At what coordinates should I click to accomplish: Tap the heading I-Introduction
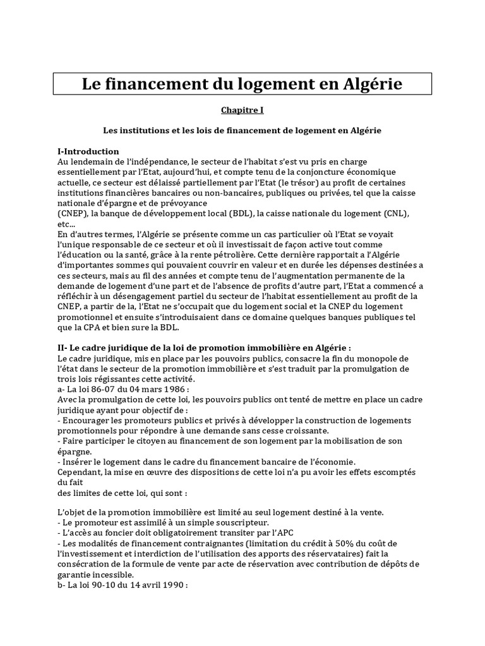(x=88, y=151)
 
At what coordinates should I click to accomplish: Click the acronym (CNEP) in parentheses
(x=72, y=213)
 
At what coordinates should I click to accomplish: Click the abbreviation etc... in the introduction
(x=66, y=223)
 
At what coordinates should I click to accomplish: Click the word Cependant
(x=81, y=471)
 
